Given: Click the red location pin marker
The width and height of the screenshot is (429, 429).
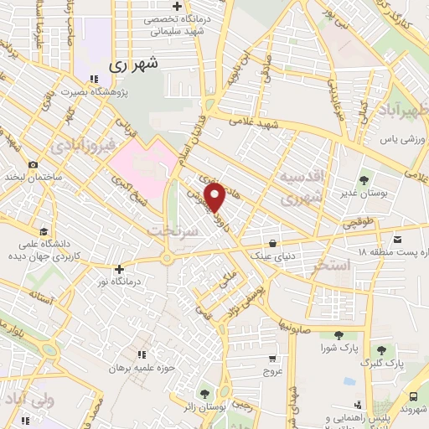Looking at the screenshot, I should click(215, 197).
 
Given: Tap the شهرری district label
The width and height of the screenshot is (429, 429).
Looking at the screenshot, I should click(134, 63).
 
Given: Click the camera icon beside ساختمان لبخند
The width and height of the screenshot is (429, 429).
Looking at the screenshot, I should click(33, 164).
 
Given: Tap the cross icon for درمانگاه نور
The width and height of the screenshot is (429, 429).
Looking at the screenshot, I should click(121, 270).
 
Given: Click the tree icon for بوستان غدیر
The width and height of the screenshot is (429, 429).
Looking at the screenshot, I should click(363, 179).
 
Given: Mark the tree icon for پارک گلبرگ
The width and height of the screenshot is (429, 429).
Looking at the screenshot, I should click(382, 349).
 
